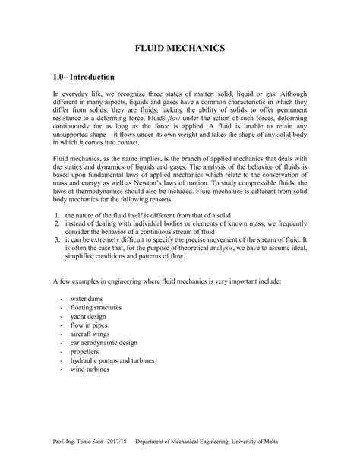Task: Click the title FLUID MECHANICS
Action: pos(179,48)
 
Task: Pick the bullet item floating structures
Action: pos(97,309)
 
